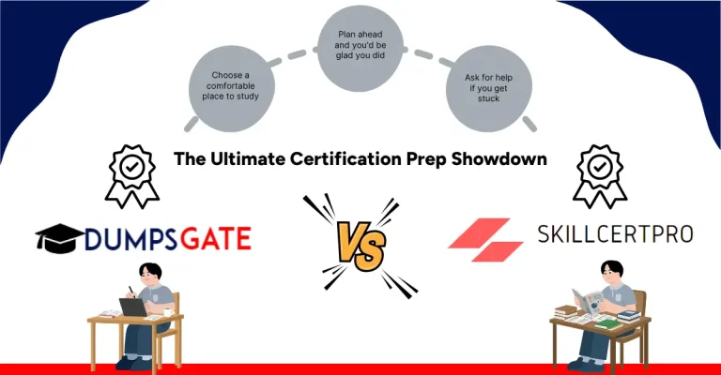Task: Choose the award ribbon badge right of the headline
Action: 596,174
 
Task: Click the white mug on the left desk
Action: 168,310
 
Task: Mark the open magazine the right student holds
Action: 594,303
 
